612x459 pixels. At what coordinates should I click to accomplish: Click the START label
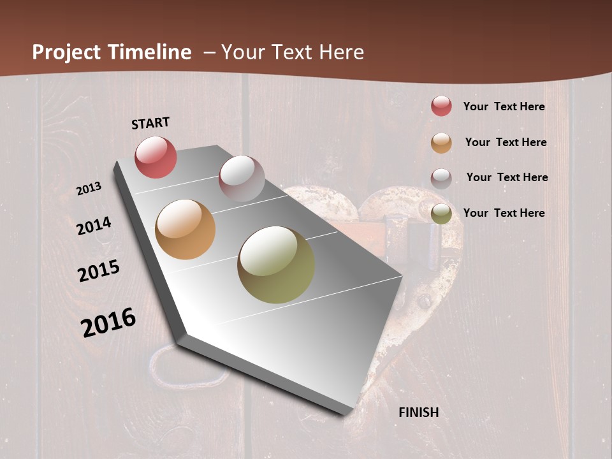pos(150,123)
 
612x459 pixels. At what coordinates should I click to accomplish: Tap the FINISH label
pos(418,412)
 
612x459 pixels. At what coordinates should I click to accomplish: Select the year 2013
pos(89,189)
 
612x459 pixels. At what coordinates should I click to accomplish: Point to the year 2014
pos(94,226)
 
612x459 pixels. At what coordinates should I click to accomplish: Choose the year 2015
pos(99,271)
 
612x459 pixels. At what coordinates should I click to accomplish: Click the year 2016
pos(108,322)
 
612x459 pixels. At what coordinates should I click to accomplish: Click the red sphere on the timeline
pos(156,157)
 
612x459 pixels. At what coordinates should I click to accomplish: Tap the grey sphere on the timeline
pos(242,178)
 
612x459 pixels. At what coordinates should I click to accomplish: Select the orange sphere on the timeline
pos(186,229)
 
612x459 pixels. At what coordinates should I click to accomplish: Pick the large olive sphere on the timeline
pos(276,265)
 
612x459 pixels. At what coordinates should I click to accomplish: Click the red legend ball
pos(441,106)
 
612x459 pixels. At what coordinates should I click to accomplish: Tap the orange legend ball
pos(441,142)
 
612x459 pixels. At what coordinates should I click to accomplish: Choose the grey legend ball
pos(441,178)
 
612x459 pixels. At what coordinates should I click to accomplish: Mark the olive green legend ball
pos(441,214)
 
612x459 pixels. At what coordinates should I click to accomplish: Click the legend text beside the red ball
pos(504,106)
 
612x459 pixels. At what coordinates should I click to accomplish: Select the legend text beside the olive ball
pos(504,213)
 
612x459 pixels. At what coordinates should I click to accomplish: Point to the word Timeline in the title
pos(149,52)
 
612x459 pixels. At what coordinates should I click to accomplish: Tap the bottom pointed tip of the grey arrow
pos(344,413)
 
